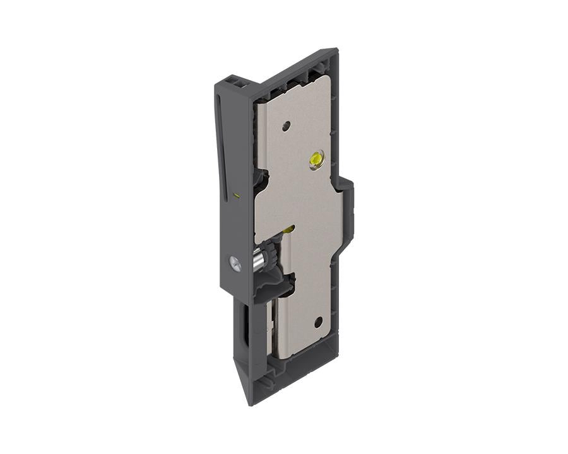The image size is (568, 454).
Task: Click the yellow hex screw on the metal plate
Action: click(315, 160)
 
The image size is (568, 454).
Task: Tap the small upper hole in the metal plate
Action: click(286, 125)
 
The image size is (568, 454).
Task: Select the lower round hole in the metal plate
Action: click(318, 322)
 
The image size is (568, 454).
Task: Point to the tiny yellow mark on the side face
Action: click(237, 195)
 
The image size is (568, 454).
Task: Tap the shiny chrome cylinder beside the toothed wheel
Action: click(258, 260)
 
